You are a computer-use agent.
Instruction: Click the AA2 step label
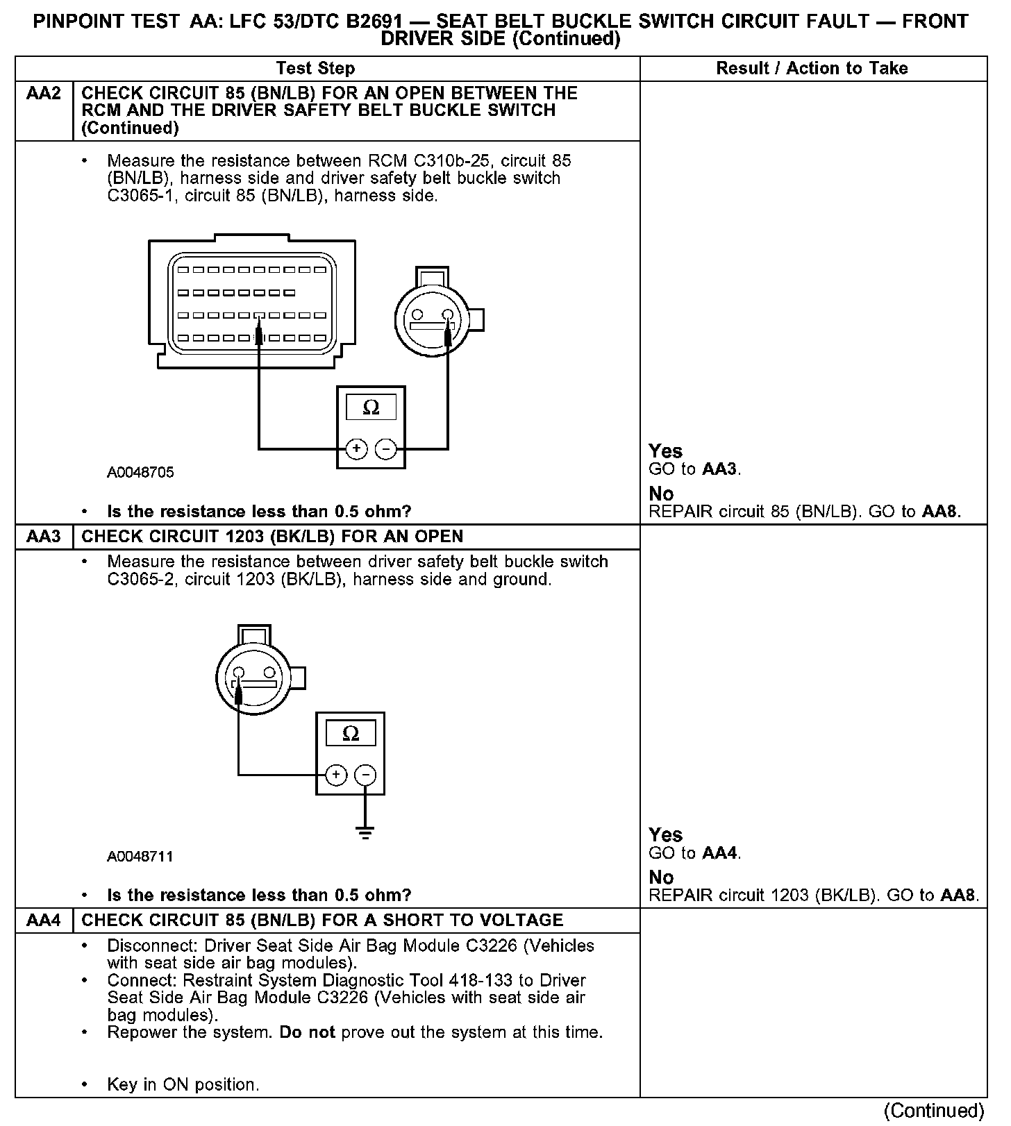click(43, 94)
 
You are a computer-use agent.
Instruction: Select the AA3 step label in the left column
click(43, 537)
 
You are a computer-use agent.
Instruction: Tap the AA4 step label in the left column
click(43, 921)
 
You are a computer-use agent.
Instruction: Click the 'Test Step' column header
click(315, 68)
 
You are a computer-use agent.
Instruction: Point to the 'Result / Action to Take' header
click(812, 68)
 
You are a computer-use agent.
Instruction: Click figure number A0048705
click(140, 473)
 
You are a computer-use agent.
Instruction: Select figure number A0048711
click(140, 857)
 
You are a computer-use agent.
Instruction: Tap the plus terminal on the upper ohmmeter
click(356, 449)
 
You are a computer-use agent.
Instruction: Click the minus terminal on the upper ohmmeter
click(386, 449)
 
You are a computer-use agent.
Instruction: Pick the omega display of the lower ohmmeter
click(351, 734)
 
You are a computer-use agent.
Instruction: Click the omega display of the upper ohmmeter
click(371, 407)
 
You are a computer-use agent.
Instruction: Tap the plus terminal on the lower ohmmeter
click(336, 775)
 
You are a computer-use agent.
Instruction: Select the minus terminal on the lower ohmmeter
click(365, 775)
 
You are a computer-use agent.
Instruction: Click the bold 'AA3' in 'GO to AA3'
click(719, 469)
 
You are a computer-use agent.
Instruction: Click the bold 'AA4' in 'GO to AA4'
click(719, 853)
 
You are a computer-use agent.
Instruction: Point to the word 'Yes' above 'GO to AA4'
click(665, 834)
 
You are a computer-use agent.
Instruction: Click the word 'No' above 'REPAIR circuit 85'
click(661, 494)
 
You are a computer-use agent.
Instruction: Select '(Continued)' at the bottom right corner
click(934, 1111)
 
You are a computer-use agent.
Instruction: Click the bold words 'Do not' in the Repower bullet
click(307, 1032)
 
